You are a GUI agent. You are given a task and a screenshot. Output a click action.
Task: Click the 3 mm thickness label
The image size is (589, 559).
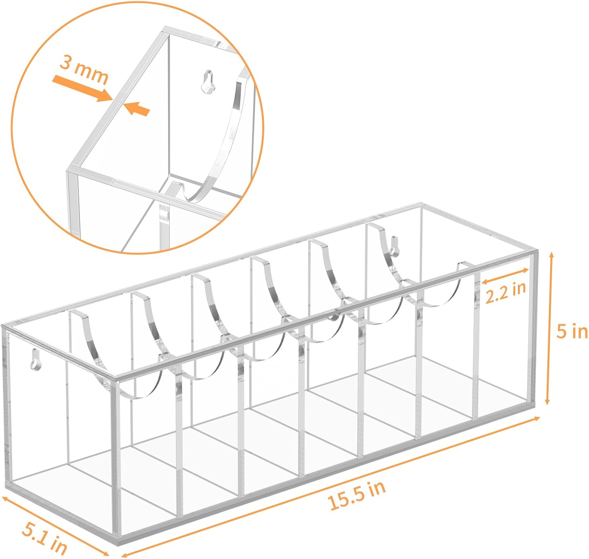[84, 73]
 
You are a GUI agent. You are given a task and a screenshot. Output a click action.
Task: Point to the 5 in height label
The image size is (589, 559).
[572, 332]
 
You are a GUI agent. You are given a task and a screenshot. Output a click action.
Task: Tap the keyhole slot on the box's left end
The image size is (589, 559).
[35, 358]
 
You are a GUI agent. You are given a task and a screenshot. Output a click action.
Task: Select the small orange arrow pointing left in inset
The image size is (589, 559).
[137, 109]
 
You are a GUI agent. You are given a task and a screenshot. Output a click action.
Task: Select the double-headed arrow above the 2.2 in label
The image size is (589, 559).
[505, 276]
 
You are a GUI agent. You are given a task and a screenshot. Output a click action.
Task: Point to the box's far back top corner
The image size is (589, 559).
[420, 204]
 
